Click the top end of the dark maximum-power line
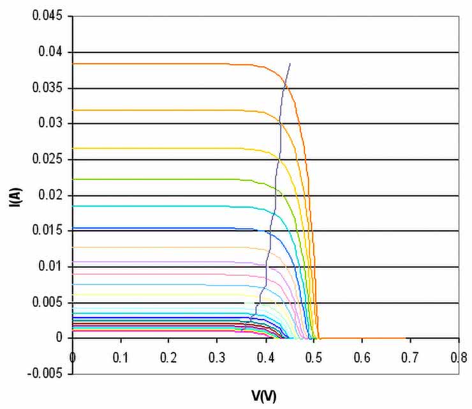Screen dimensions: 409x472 coord(290,64)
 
